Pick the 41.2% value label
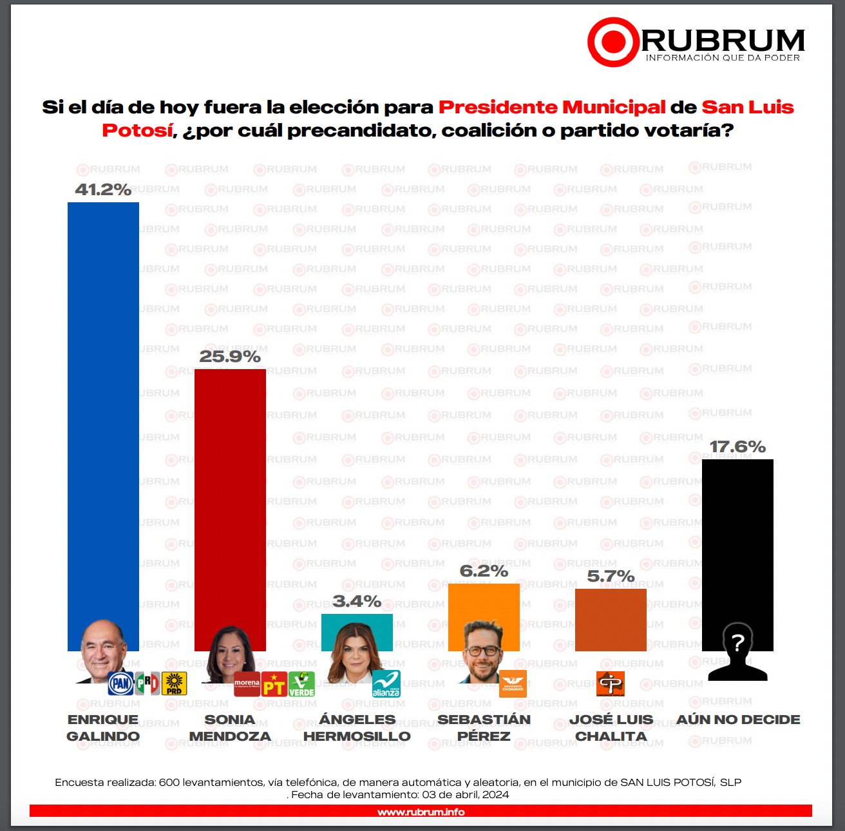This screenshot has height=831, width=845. (x=103, y=189)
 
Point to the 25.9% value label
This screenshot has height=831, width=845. (x=230, y=356)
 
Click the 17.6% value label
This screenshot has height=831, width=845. (x=737, y=446)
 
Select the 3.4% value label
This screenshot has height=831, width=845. (x=357, y=601)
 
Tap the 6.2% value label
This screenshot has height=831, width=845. (x=484, y=571)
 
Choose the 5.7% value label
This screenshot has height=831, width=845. (x=611, y=576)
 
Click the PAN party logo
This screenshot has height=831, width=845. (x=120, y=683)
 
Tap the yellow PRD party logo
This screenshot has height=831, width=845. (x=174, y=683)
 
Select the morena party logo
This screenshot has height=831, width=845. (x=247, y=683)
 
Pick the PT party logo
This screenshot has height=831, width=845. (x=274, y=684)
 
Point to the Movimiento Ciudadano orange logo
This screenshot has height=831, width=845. (x=513, y=683)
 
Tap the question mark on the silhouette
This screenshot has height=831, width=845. (x=738, y=642)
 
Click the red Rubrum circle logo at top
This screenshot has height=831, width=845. (x=612, y=42)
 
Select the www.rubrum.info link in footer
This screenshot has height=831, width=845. (x=421, y=812)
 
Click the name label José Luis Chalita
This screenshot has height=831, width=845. (x=611, y=728)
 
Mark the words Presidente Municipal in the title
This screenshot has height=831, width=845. (x=552, y=107)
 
